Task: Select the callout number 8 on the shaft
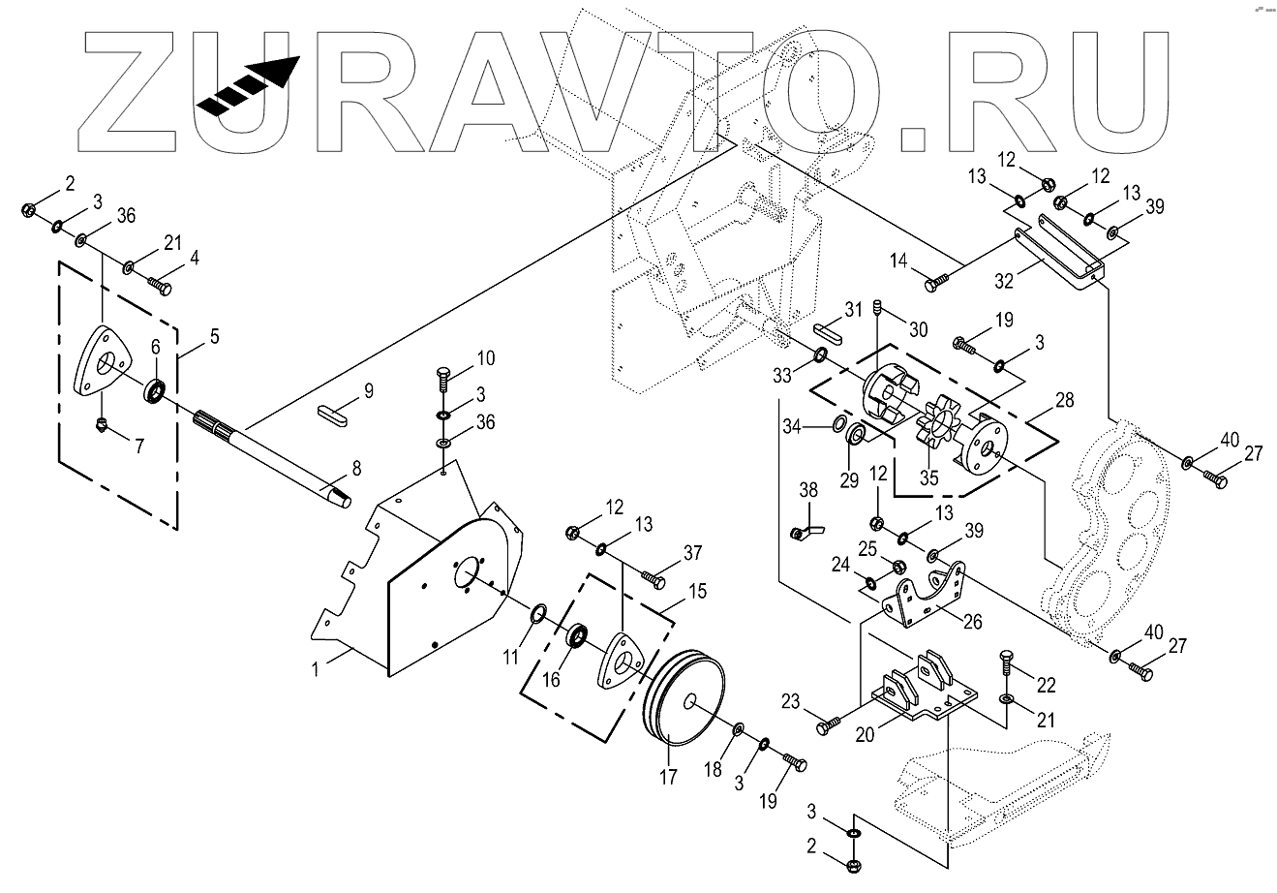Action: (357, 469)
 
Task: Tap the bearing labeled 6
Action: (155, 392)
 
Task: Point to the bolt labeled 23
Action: (828, 724)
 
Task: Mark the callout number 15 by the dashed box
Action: (696, 588)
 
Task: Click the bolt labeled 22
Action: (1006, 667)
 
